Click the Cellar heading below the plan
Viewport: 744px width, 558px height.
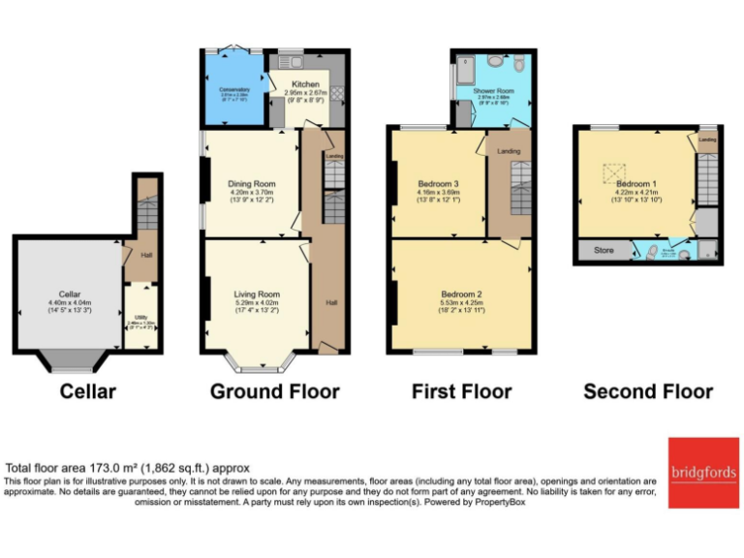pos(87,391)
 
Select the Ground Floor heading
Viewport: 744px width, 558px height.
pos(275,391)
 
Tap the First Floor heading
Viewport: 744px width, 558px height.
pos(461,391)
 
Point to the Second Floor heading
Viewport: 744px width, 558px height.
pos(648,391)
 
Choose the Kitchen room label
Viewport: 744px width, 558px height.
pos(305,84)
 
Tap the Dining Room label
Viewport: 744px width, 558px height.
pos(252,184)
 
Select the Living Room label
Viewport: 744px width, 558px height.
pos(257,294)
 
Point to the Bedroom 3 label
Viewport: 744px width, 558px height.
pos(438,184)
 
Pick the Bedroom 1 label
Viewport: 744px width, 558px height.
pos(635,183)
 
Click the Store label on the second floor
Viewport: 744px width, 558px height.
pos(604,251)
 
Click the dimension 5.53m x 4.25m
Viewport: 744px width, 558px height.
pos(461,303)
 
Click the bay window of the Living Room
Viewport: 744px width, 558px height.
pos(257,366)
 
